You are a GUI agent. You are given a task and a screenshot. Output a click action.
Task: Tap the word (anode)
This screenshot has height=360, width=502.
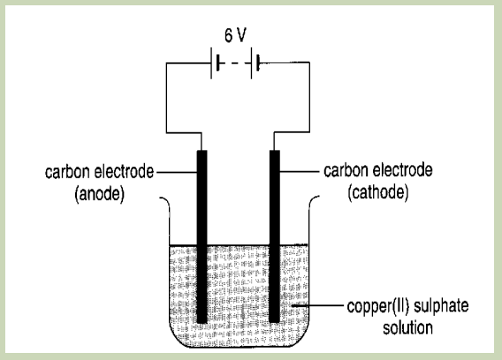(99, 194)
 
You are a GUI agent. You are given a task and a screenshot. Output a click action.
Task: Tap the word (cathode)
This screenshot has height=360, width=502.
(378, 192)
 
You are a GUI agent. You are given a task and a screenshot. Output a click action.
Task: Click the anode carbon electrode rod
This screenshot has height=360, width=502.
(202, 237)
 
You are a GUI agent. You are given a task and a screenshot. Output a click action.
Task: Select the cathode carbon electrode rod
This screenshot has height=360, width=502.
(275, 236)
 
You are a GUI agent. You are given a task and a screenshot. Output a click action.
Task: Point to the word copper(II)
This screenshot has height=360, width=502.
(377, 306)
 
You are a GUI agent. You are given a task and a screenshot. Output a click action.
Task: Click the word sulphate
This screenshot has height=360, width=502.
(441, 306)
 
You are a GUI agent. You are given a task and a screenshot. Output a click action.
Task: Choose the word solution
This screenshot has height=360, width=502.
(408, 327)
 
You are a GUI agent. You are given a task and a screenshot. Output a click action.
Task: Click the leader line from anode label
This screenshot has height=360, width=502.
(177, 172)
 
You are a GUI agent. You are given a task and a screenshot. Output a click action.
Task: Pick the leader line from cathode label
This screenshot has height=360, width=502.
(300, 172)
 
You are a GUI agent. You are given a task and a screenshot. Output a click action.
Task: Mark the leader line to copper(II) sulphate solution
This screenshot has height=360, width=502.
(317, 305)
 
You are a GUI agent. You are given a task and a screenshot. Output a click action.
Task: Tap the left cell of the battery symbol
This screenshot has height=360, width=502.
(215, 63)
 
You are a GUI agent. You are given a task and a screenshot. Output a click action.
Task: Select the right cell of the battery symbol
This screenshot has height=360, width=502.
(255, 63)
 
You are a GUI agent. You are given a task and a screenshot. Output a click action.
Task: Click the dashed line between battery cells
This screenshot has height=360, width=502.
(235, 63)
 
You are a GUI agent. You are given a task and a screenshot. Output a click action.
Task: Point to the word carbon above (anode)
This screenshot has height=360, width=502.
(67, 172)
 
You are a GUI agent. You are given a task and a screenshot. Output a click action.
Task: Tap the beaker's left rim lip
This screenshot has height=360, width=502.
(165, 201)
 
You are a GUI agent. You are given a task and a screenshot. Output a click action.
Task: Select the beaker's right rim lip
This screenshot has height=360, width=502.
(314, 201)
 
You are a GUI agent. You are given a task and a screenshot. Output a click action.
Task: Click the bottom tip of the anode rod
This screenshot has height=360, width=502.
(202, 323)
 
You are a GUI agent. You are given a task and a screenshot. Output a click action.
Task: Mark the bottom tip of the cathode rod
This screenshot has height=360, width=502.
(275, 322)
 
